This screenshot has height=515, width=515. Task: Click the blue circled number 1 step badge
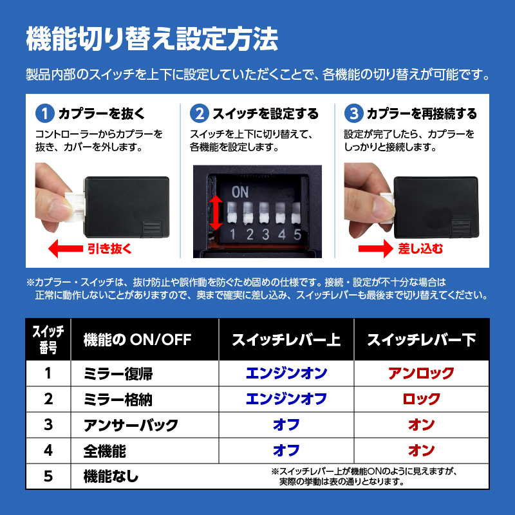coord(45,113)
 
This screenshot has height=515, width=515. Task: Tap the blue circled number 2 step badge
coord(200,113)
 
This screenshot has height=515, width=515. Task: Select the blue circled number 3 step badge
coord(353,113)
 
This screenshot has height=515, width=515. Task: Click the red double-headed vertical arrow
coord(216,213)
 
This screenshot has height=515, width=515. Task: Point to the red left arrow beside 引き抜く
coord(66,248)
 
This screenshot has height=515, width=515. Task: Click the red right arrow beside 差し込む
coord(376,248)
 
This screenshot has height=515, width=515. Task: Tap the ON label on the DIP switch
coord(239,192)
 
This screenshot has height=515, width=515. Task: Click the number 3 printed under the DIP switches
coord(265,234)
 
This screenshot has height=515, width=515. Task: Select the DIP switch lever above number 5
coord(296,213)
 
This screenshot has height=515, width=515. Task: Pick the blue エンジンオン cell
coord(286,373)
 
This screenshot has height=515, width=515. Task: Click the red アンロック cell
coord(422,373)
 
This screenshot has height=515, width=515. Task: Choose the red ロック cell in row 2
coord(422,398)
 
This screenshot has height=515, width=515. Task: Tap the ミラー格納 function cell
coord(118,399)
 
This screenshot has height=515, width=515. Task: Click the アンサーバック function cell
coord(131,425)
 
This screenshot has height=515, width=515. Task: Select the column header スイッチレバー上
coord(286,340)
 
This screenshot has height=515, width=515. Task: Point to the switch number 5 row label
coord(48,476)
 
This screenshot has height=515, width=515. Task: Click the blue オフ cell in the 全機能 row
coord(286,450)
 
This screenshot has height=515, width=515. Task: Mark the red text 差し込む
coord(420,248)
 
